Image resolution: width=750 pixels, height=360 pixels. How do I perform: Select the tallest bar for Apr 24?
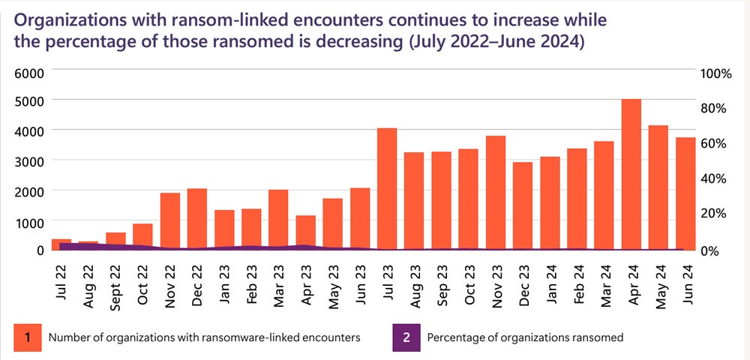[630, 174]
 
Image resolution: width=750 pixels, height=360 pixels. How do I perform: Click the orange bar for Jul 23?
[386, 188]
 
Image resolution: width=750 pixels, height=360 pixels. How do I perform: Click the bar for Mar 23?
[278, 217]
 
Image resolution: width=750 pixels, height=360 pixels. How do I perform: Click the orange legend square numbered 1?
[27, 337]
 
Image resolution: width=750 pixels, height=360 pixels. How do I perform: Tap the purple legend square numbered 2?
[406, 337]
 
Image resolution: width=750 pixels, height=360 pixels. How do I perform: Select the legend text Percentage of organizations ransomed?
[525, 337]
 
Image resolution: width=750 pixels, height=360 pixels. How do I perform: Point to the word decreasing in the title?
[337, 42]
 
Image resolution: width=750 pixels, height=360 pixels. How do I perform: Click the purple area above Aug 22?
[88, 245]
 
